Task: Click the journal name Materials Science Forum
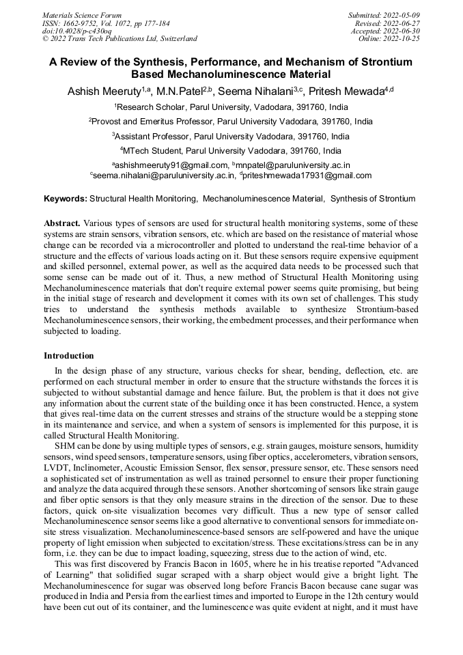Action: click(82, 14)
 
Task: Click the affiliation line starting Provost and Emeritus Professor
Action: click(231, 122)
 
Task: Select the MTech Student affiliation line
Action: click(231, 151)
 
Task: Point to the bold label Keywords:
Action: click(66, 199)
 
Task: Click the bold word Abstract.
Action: click(61, 223)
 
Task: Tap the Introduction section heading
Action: click(69, 356)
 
